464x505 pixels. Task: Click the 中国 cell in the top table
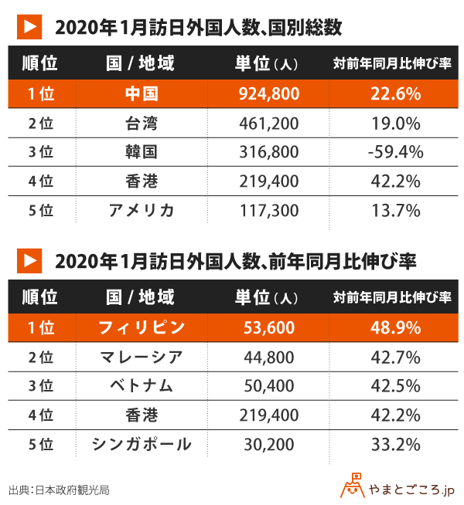[x=141, y=94]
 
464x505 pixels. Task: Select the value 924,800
[x=265, y=94]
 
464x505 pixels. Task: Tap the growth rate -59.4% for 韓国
[x=394, y=152]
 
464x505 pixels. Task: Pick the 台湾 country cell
[x=141, y=124]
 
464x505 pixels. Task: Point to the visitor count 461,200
[x=265, y=124]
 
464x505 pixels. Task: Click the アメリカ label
[x=141, y=210]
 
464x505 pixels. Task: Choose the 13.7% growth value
[x=394, y=210]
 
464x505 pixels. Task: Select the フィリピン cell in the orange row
[x=141, y=327]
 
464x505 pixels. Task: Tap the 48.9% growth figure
[x=394, y=327]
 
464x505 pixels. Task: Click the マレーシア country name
[x=141, y=357]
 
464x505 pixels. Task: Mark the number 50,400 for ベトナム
[x=265, y=386]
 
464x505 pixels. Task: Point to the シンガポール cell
[x=141, y=444]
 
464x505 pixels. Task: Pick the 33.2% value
[x=394, y=444]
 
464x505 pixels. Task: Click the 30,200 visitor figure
[x=265, y=444]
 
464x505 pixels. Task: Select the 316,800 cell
[x=265, y=152]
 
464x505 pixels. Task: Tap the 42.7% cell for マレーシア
[x=394, y=357]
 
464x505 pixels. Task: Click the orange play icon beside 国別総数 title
[x=29, y=26]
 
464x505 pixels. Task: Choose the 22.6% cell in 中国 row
[x=394, y=94]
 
